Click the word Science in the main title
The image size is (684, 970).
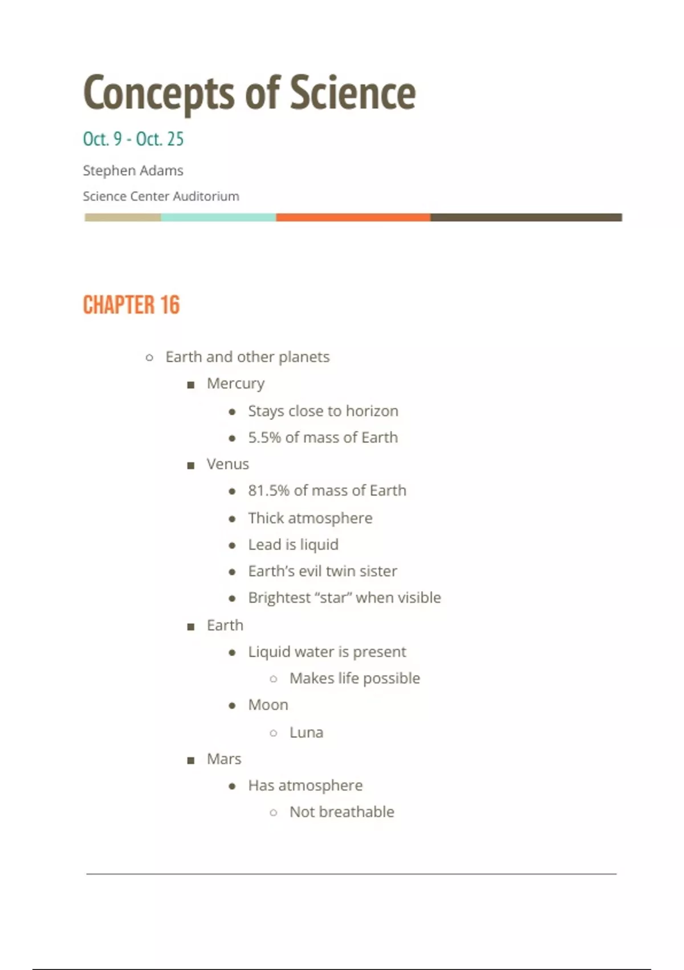pos(353,93)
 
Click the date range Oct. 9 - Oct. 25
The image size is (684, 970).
pos(133,139)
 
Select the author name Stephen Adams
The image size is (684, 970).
pos(133,171)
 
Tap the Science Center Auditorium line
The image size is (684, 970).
pos(161,196)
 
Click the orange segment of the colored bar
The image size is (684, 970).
pos(353,217)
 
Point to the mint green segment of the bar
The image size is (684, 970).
pos(218,217)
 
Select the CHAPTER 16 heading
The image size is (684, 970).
pos(131,305)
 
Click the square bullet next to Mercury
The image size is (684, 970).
pos(191,385)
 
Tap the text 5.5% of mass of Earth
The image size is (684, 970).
pos(323,438)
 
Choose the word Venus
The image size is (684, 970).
pos(227,464)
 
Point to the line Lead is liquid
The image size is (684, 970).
pos(293,545)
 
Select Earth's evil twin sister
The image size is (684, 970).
pos(323,571)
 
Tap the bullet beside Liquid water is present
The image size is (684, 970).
pos(232,653)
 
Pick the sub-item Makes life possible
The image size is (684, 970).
pos(355,678)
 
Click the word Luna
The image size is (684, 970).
pos(306,733)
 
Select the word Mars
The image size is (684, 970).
pos(224,759)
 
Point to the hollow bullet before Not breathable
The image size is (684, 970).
pos(274,813)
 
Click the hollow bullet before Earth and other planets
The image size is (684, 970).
pos(149,358)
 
